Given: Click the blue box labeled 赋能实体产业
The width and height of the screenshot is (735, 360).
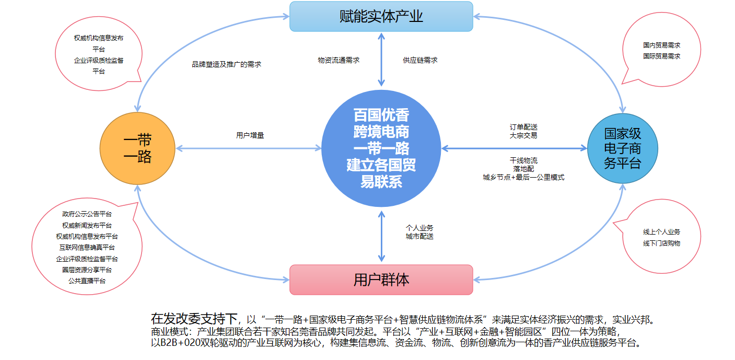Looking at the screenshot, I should click(x=381, y=16).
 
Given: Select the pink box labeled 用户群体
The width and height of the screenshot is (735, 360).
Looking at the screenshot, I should click(x=381, y=280).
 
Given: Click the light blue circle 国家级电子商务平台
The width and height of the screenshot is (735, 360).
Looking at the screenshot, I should click(x=622, y=148).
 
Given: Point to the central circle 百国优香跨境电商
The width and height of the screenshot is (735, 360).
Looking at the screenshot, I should click(x=381, y=148).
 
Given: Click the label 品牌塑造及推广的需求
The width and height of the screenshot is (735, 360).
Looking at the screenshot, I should click(x=226, y=64).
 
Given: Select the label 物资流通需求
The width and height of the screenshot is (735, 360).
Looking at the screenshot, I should click(x=339, y=60).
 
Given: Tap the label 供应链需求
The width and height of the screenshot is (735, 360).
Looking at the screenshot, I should click(x=420, y=60).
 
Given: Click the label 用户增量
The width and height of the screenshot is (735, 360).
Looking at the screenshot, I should click(x=250, y=135).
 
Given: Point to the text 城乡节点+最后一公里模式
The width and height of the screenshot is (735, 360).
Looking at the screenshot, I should click(x=523, y=178).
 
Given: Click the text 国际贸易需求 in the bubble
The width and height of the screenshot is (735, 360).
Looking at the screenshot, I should click(x=661, y=56).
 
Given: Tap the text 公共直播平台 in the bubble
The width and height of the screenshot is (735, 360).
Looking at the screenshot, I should click(x=87, y=281).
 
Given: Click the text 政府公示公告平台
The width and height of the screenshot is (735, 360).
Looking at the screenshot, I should click(x=87, y=214).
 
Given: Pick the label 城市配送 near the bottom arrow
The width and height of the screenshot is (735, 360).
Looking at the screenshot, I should click(x=419, y=236).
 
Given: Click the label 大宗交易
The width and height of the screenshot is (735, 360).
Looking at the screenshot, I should click(x=523, y=135).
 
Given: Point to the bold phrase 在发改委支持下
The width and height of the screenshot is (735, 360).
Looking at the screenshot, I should click(x=194, y=318).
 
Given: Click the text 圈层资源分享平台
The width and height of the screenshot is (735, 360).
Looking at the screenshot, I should click(x=87, y=270).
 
